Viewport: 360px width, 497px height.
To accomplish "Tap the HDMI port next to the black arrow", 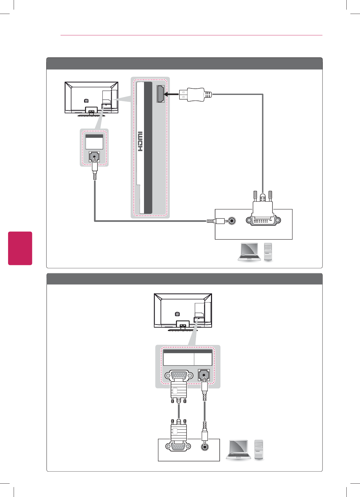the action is tap(160, 94).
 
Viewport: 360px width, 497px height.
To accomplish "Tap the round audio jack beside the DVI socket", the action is tap(232, 221).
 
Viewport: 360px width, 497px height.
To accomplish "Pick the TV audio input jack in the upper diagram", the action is tap(94, 157).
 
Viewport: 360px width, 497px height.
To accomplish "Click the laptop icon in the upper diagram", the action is tap(249, 252).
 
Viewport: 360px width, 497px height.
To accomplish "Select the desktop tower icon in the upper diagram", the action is tap(268, 251).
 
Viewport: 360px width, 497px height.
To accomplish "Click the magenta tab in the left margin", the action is tap(20, 248).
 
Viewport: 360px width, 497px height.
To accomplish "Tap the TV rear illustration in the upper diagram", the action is tap(91, 99).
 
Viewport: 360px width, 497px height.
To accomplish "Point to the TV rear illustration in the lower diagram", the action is tap(183, 311).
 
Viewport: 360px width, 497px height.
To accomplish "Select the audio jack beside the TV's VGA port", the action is tap(204, 375).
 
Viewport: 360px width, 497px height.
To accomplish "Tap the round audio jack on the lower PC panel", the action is tap(205, 447).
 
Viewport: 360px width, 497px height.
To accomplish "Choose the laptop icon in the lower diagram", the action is tap(238, 450).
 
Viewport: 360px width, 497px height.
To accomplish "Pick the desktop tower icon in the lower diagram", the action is tap(259, 449).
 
